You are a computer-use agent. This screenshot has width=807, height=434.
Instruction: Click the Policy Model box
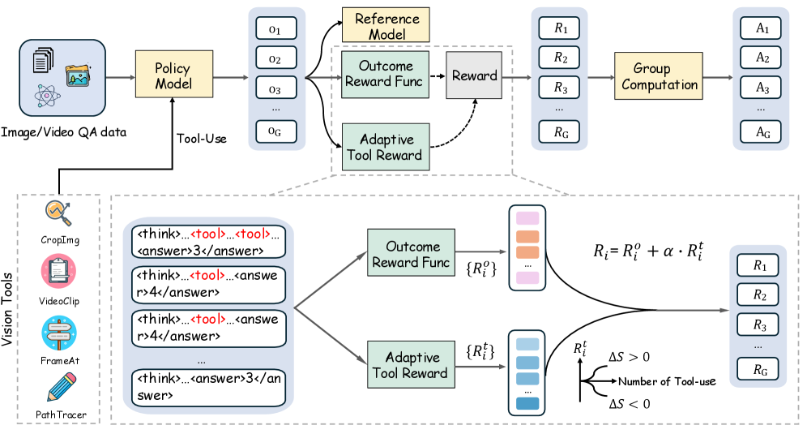pos(174,74)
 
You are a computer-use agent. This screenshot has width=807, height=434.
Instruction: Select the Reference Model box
pos(386,25)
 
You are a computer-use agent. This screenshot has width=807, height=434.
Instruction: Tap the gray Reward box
pos(474,75)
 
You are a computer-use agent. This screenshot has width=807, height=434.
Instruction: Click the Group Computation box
pos(659,75)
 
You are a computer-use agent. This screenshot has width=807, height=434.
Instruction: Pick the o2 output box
pos(276,58)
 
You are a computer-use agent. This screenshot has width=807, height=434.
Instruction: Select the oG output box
pos(276,131)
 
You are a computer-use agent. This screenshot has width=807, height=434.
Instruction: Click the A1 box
pos(761,28)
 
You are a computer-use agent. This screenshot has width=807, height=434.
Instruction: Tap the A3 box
pos(761,87)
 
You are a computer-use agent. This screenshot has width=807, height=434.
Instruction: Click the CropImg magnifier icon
pos(58,213)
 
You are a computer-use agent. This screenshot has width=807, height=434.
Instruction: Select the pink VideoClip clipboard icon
pos(58,272)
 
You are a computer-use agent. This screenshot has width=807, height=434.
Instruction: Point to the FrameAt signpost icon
pos(59,333)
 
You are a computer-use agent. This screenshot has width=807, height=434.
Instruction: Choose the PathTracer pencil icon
pos(62,387)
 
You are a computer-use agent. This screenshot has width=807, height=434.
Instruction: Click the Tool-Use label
pos(201,139)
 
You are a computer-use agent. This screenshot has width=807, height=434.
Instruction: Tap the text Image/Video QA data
pos(64,132)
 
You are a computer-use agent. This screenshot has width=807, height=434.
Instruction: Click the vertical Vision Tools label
pos(7,309)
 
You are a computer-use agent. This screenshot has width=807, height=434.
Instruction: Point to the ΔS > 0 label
pos(629,357)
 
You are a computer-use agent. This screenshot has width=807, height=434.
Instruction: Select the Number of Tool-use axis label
pos(667,381)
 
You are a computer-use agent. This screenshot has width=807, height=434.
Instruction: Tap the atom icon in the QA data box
pos(47,96)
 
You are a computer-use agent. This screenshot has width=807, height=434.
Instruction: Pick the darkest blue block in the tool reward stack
pos(527,404)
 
